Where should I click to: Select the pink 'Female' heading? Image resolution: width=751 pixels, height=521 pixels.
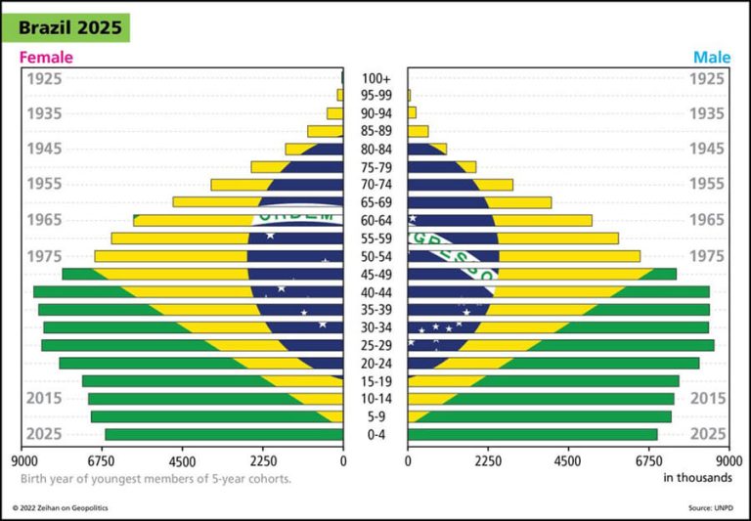tap(46, 58)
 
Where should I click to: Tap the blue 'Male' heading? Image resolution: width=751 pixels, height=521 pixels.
tap(712, 58)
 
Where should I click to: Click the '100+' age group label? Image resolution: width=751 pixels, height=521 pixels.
tap(375, 78)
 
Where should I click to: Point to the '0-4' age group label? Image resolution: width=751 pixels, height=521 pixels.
tap(375, 434)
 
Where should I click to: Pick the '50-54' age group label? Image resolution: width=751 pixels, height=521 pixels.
tap(375, 256)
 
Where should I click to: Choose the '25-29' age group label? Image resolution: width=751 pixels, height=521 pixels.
tap(375, 345)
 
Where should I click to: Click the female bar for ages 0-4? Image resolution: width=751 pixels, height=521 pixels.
tap(224, 434)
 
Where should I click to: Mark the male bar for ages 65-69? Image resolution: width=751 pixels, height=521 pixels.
tap(479, 202)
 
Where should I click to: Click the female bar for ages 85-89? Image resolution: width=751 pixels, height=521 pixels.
tap(325, 131)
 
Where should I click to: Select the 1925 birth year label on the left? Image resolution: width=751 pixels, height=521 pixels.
tap(45, 78)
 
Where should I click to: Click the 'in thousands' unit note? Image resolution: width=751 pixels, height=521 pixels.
tap(697, 478)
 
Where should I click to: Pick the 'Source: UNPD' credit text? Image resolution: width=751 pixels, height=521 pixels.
tap(713, 508)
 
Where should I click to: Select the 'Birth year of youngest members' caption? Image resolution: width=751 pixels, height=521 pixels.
tap(155, 479)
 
